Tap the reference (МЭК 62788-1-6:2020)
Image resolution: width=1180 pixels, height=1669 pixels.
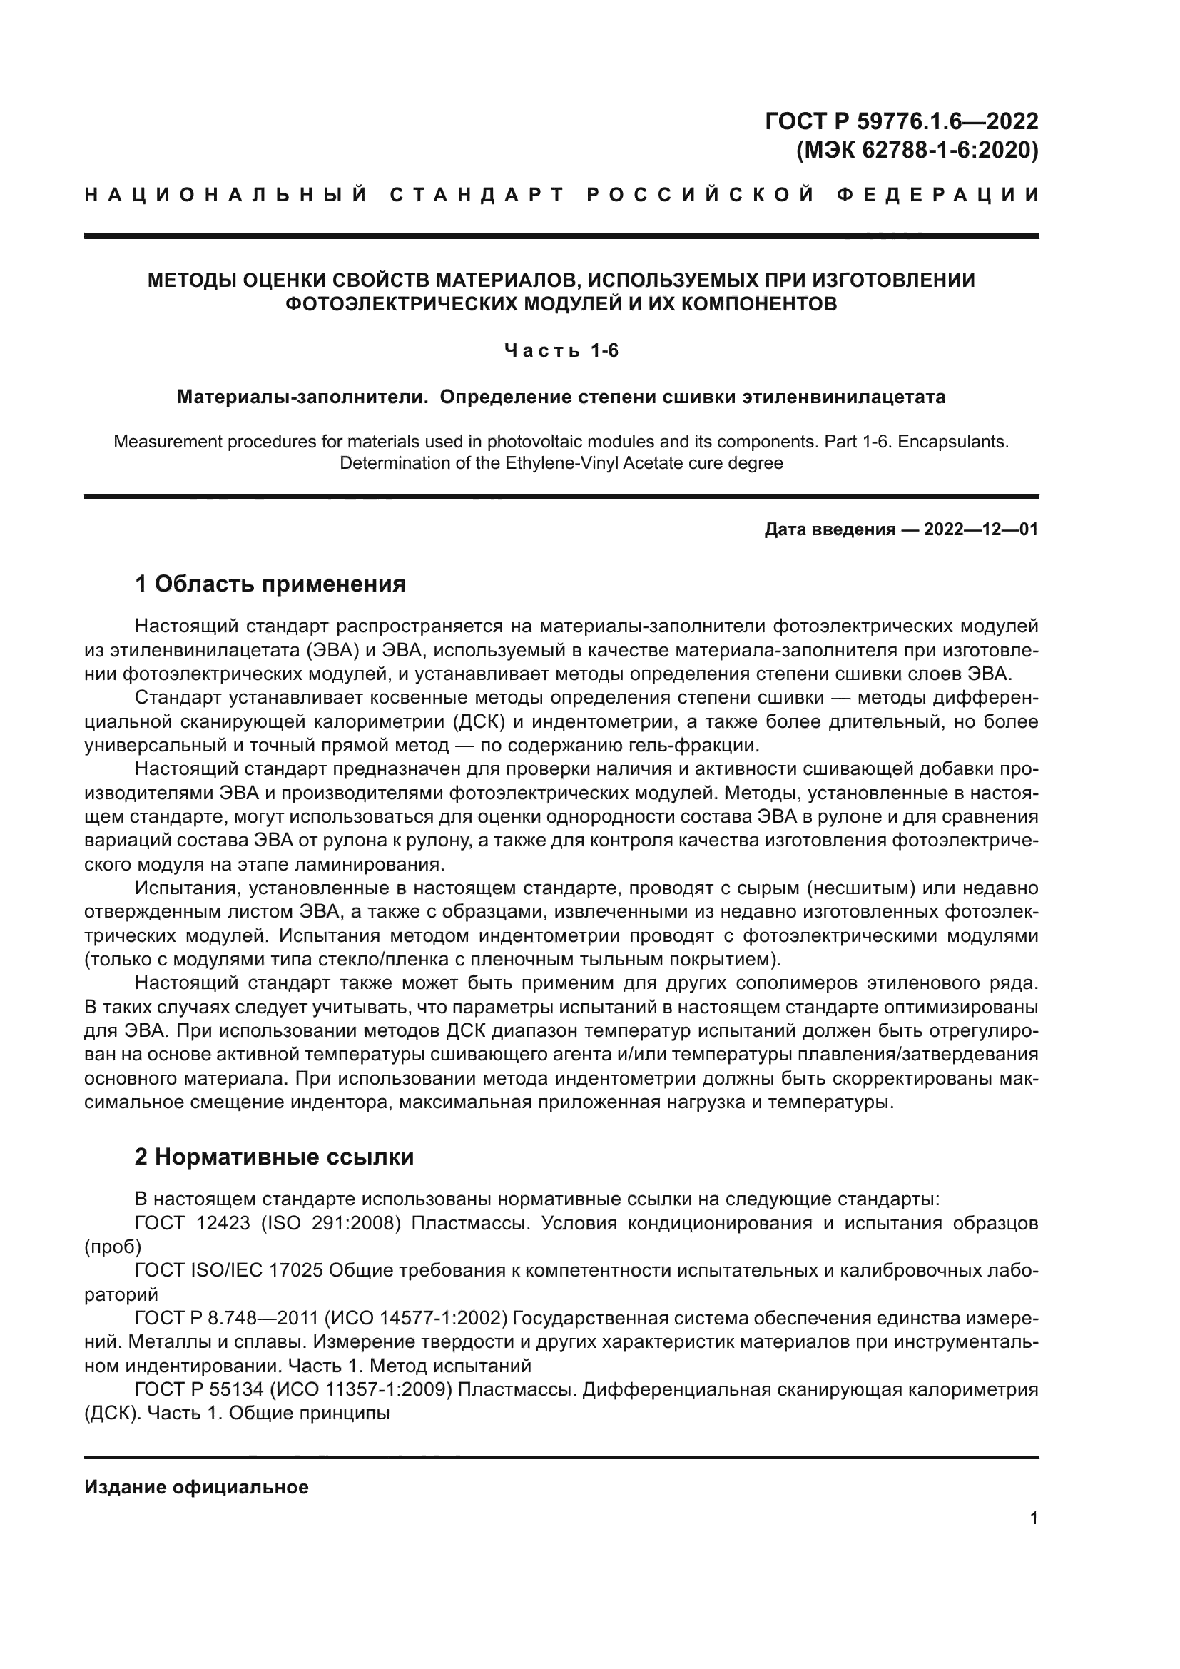pos(917,150)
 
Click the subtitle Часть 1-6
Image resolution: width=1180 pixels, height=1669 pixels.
pos(561,351)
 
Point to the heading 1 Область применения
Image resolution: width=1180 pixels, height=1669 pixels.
pos(270,583)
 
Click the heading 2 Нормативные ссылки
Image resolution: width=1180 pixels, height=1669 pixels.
pos(274,1157)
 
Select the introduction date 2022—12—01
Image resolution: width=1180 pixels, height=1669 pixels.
pos(980,529)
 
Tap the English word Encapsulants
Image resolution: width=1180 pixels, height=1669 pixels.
pos(953,441)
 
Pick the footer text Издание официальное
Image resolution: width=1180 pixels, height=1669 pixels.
pos(196,1487)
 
